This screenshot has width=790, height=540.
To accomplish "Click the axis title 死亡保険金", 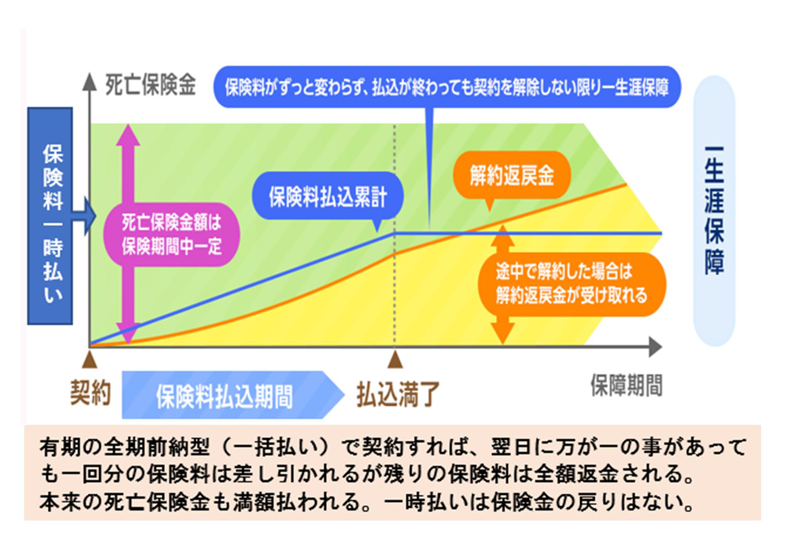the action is (150, 85).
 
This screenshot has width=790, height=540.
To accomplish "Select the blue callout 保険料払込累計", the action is (328, 196).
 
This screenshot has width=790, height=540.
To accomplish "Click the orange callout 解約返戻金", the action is (512, 175).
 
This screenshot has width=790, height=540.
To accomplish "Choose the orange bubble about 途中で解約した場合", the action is (571, 284).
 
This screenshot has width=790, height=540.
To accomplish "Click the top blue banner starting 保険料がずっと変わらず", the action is (447, 87).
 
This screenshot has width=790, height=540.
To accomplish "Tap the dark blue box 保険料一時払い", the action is (50, 216).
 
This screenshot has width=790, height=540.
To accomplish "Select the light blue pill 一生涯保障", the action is (714, 211).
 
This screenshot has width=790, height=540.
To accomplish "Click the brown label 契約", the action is (90, 393).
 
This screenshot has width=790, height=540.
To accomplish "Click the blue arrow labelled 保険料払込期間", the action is (233, 395).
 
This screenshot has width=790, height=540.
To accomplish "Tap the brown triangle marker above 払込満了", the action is (395, 360).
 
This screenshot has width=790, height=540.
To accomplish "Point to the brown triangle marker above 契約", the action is (90, 359).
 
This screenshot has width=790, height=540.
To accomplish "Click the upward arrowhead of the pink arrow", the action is (128, 135).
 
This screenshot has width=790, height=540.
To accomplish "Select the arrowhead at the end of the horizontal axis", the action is (656, 347).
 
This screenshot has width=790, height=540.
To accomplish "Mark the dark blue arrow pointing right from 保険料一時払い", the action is (84, 216).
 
